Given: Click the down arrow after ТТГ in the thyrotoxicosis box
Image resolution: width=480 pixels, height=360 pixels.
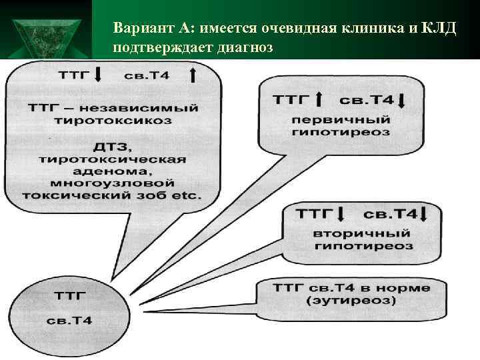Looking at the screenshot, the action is coord(97,75).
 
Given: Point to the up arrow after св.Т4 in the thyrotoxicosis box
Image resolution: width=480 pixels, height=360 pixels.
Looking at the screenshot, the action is coord(193,75).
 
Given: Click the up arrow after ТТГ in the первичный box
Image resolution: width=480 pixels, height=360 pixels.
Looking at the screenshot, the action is coord(319,101).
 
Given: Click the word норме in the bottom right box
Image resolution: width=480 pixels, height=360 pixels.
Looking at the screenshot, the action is coord(406,288).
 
